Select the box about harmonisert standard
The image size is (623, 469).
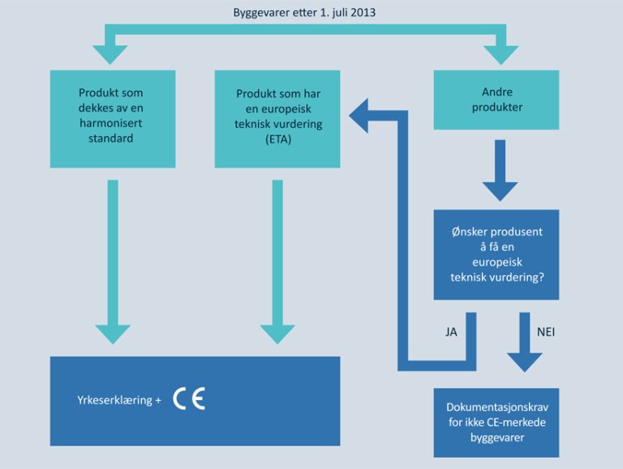click(x=112, y=118)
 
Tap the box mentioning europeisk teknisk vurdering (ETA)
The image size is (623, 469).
click(x=277, y=118)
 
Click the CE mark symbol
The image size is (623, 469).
click(x=190, y=399)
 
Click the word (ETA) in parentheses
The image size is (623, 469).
click(x=277, y=139)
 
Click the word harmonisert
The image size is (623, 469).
click(x=112, y=122)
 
